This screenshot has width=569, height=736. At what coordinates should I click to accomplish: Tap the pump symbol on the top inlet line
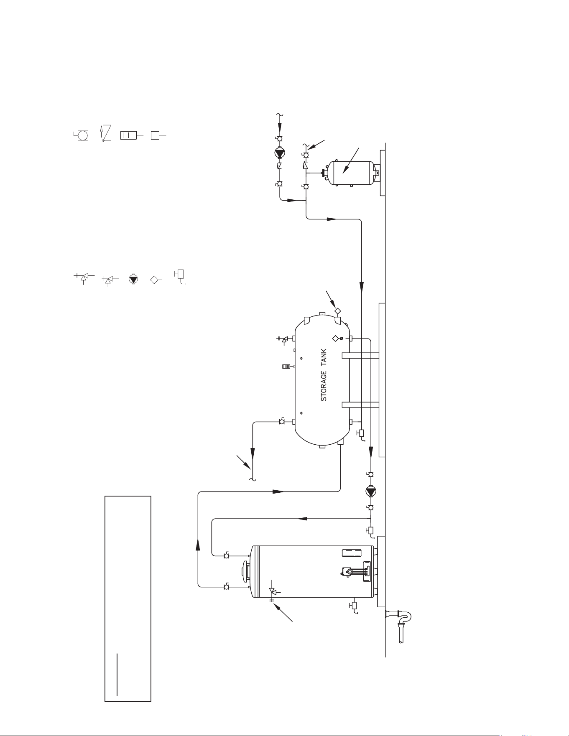[279, 153]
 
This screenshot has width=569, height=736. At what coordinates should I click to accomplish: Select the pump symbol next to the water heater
[370, 491]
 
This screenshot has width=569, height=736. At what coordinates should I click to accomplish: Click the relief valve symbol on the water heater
[273, 591]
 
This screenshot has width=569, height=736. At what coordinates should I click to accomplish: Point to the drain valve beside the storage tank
[361, 434]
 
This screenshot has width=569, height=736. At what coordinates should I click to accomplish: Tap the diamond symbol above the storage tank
[337, 311]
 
